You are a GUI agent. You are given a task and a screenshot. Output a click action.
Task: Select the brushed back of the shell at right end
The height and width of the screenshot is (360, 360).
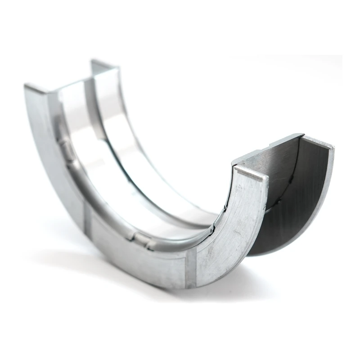(x=265, y=155)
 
